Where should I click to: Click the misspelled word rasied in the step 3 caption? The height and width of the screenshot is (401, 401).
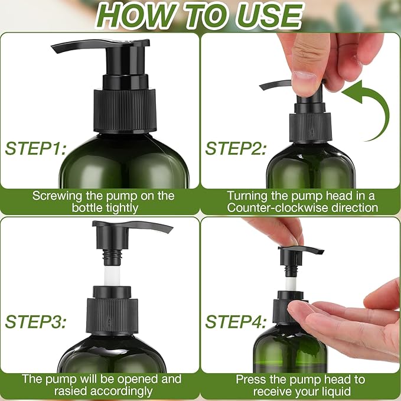coord(51,391)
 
